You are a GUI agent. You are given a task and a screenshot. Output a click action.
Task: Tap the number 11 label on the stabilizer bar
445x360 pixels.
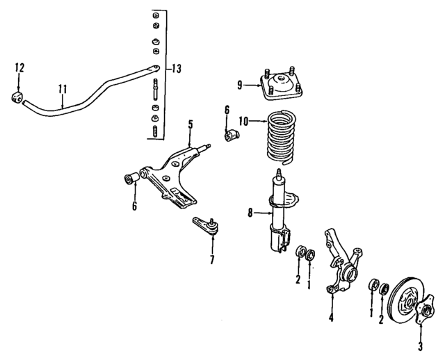click(x=63, y=89)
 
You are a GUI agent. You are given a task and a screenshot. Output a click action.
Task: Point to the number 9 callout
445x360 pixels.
click(x=240, y=85)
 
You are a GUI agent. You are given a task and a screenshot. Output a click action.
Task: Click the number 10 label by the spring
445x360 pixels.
click(x=243, y=121)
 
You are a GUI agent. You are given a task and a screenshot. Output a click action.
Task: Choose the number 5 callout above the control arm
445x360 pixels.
click(x=189, y=124)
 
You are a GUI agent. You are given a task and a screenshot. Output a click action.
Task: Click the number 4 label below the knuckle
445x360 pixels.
click(x=331, y=319)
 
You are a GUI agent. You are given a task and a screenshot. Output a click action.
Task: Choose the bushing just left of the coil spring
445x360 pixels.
click(x=232, y=133)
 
